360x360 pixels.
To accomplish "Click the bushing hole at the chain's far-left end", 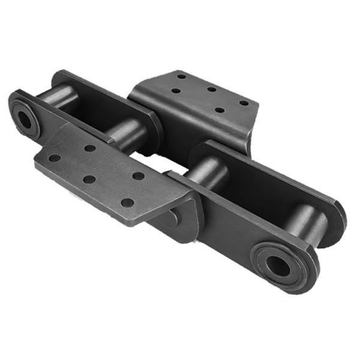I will tap(25, 119).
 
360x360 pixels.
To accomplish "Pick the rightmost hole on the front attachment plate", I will tap(139, 176).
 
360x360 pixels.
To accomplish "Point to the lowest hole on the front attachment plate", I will tap(127, 202).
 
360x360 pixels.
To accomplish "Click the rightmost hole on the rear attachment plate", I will tap(244, 103).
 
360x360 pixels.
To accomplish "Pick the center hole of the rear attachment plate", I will tap(211, 89).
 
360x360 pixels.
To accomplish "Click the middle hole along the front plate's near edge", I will tap(89, 179).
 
